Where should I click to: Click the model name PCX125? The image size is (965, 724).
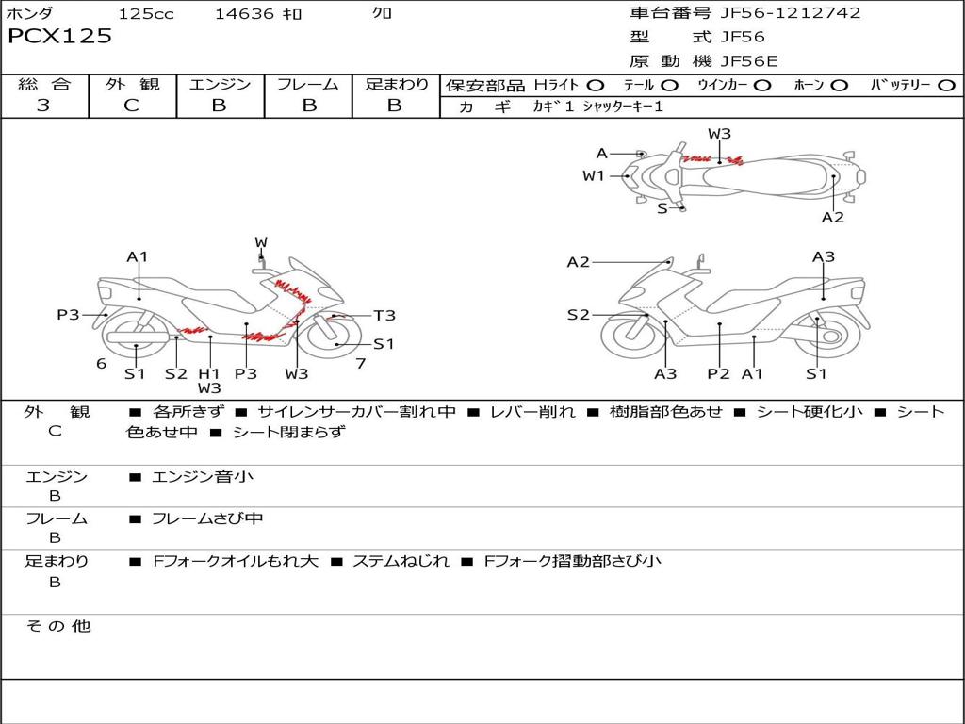pos(59,37)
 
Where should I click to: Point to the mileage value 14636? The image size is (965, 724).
pos(244,13)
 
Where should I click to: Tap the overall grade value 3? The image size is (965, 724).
pos(43,106)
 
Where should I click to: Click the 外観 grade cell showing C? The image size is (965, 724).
pos(131,106)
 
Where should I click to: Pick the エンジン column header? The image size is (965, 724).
pos(220,84)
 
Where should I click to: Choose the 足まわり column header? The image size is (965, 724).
pos(396,84)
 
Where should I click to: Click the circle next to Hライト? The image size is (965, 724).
pos(596,85)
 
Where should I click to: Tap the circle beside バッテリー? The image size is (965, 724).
pos(946,85)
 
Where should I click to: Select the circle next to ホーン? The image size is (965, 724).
pos(839,85)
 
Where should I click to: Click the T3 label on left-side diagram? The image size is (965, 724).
pos(384,316)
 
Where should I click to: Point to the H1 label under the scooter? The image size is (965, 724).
pos(209,373)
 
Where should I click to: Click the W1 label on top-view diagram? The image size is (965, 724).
pos(593,175)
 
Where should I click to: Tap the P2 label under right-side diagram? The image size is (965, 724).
pos(718,374)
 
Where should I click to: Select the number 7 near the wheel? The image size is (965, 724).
pos(360,363)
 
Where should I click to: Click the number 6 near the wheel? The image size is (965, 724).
pos(101,363)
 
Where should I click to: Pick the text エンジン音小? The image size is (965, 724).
pos(203,476)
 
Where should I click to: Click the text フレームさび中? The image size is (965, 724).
pos(207,518)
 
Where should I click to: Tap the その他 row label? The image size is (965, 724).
pos(57,625)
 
